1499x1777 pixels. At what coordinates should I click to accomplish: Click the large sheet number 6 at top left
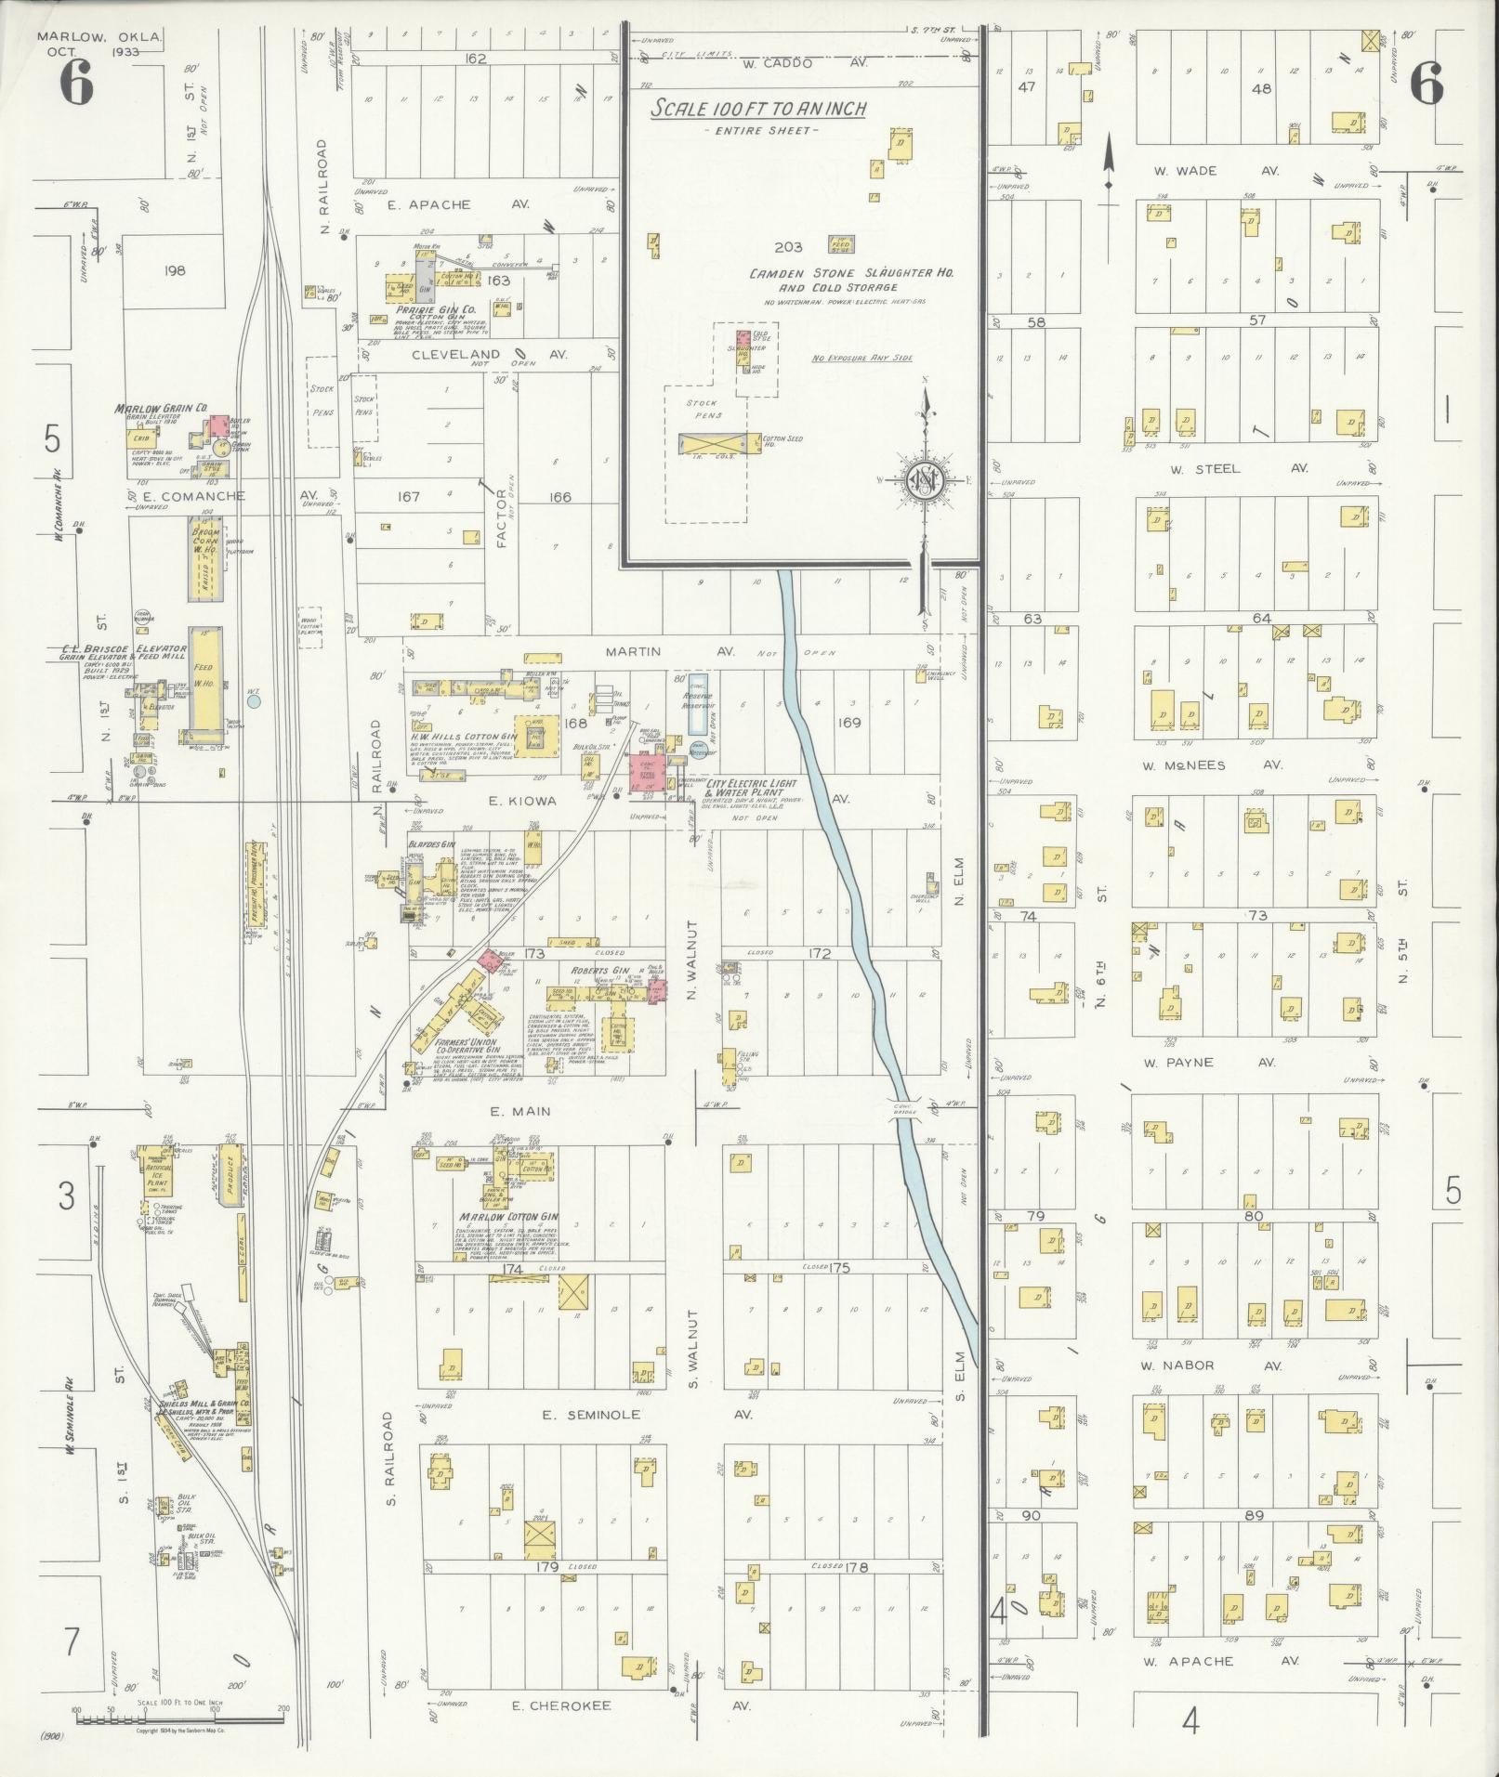tap(76, 85)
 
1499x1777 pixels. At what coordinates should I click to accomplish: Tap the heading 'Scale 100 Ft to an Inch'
tap(757, 109)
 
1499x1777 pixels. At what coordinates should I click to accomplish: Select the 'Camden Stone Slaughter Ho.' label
tap(852, 273)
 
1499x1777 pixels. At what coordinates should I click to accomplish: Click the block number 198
tap(174, 270)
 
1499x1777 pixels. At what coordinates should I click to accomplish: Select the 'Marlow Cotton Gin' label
tap(507, 1216)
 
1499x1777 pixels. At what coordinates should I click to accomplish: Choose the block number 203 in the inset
tap(787, 246)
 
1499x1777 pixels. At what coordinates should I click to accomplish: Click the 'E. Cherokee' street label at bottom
tap(562, 1705)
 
